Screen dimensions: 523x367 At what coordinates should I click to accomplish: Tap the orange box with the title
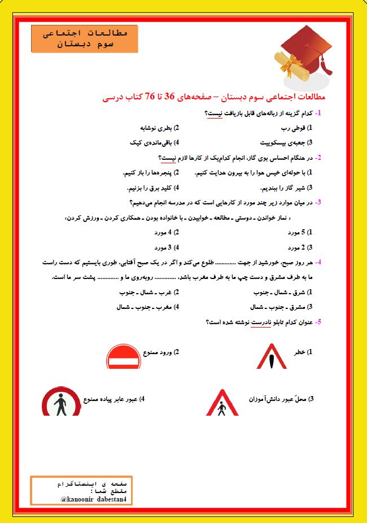coord(85,38)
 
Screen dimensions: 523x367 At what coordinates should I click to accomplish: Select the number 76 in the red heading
coord(151,97)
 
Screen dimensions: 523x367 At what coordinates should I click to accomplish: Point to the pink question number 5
coord(319,322)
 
